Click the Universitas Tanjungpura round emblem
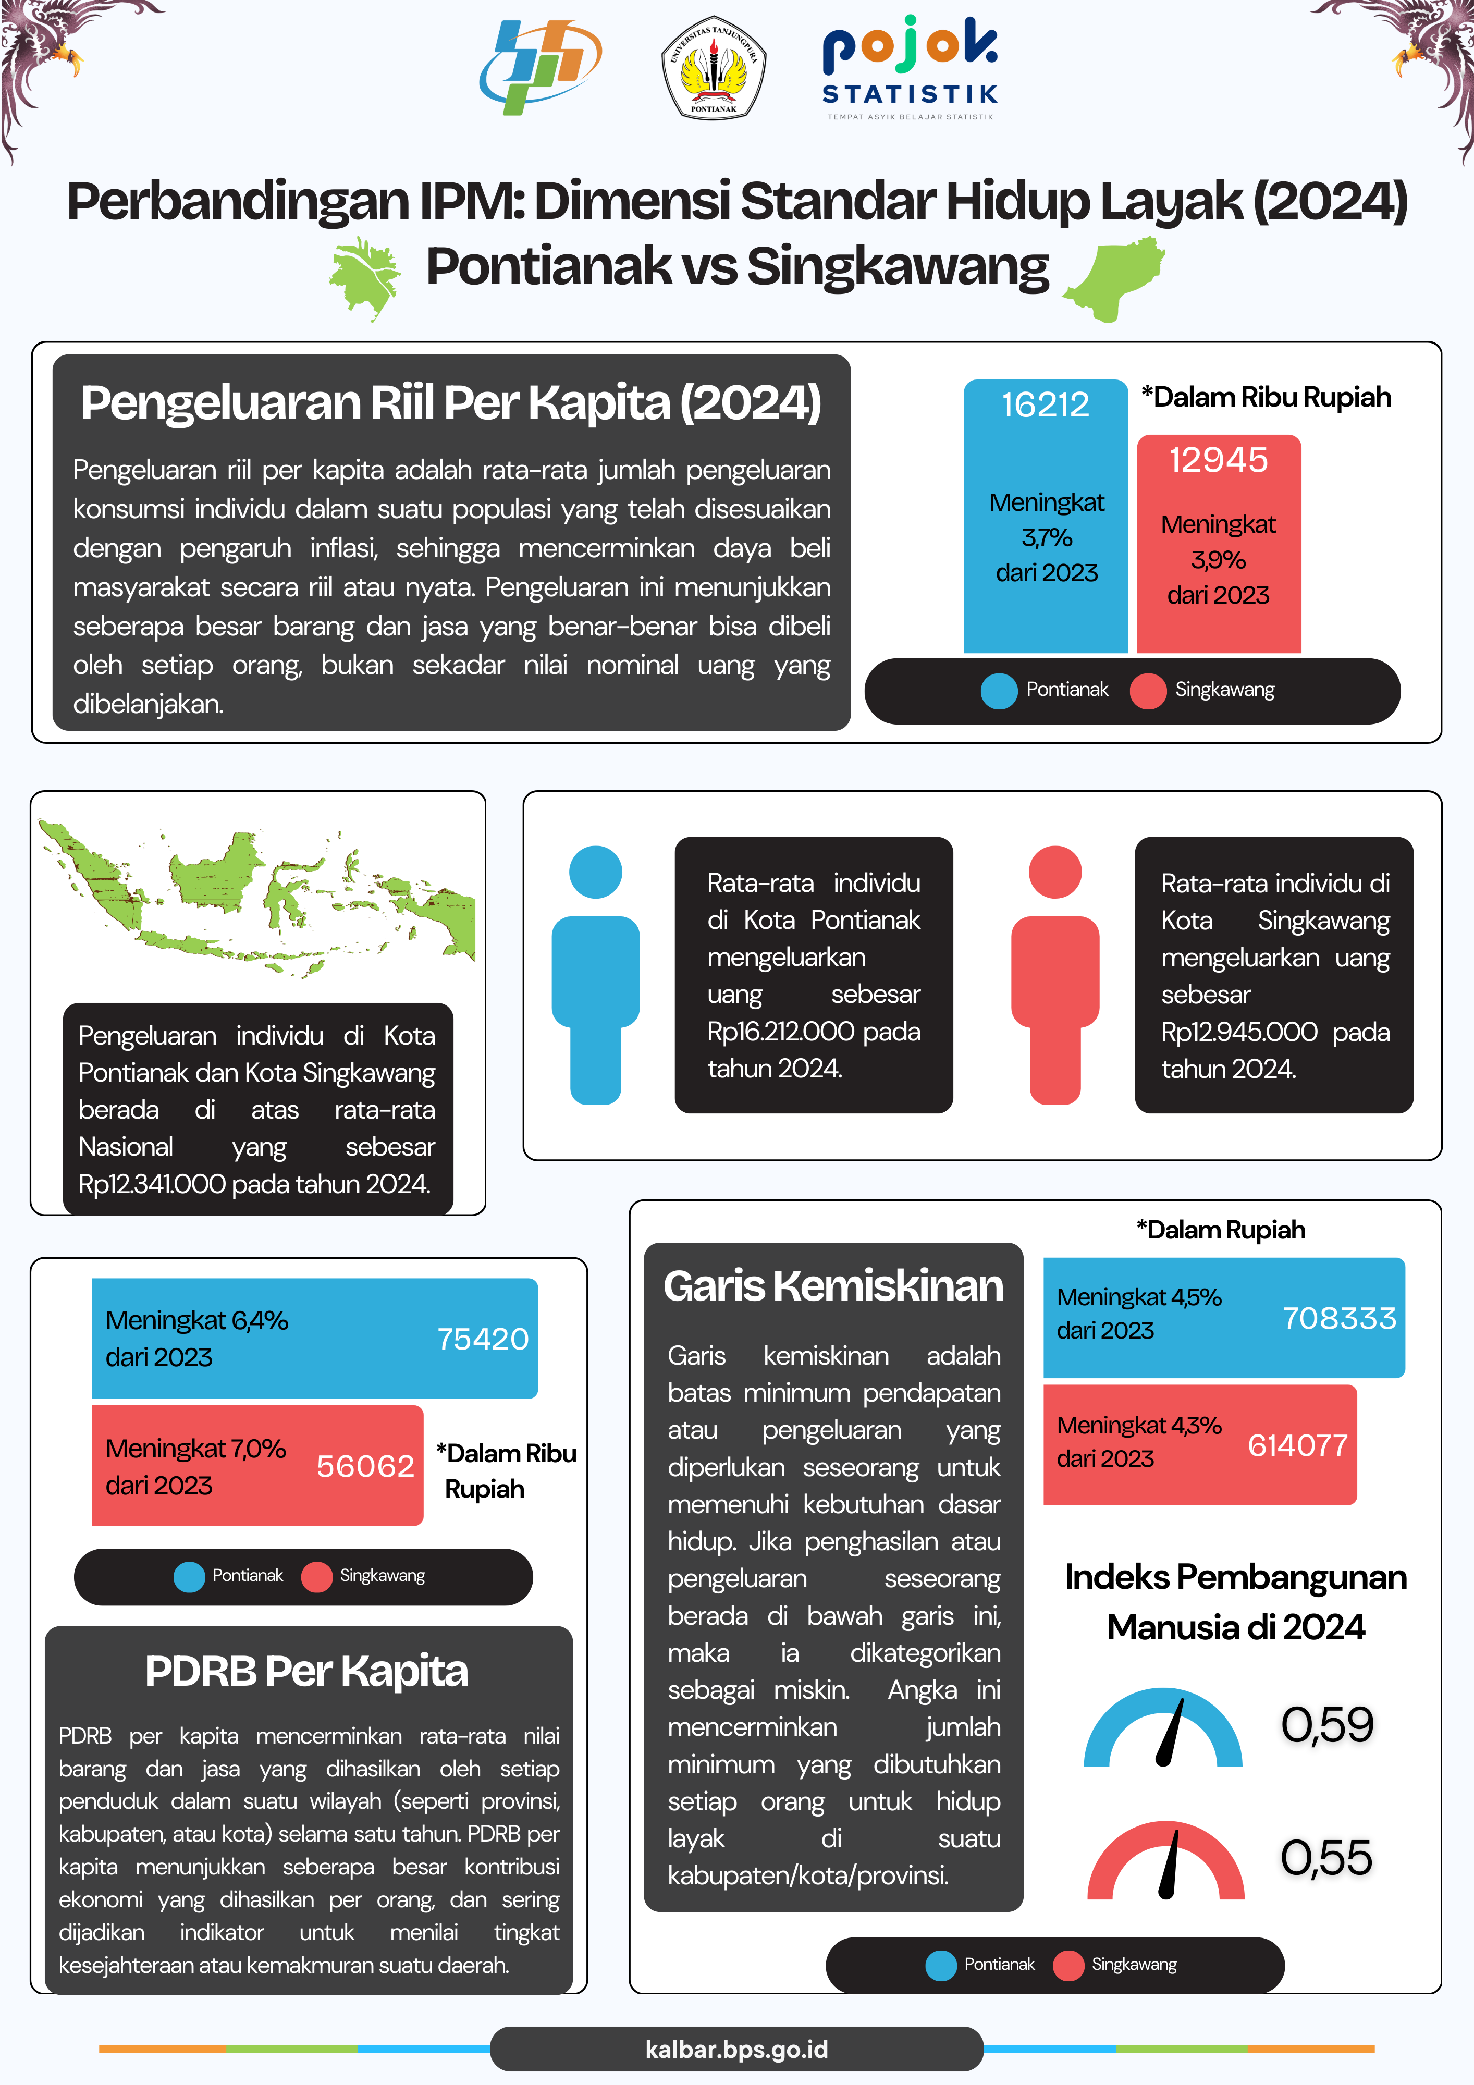[x=713, y=68]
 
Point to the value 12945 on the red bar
[x=1218, y=460]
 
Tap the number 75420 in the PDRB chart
[x=482, y=1339]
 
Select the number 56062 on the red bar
[x=365, y=1466]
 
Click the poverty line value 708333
[x=1338, y=1318]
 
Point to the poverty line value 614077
[x=1297, y=1445]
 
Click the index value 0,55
[x=1326, y=1858]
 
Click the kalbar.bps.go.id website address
[x=736, y=2050]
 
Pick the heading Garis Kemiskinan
[x=833, y=1286]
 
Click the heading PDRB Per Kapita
[x=307, y=1671]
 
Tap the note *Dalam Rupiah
[x=1221, y=1230]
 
